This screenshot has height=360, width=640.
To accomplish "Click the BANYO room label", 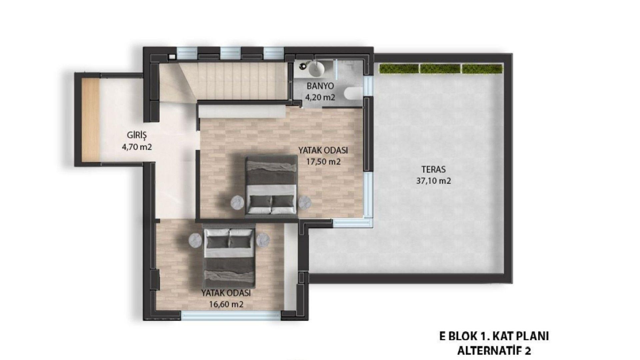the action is point(320,86).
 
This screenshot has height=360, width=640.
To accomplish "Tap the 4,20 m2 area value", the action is point(320,97).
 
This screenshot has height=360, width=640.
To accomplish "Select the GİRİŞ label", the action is point(137,135).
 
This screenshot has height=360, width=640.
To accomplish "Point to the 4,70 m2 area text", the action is point(137,147).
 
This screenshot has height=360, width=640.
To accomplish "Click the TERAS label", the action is point(433,169).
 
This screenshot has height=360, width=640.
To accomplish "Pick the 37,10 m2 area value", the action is point(433,181).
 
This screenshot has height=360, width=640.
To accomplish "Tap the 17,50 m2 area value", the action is point(323,162).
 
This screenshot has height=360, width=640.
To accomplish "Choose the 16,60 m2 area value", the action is point(226,304).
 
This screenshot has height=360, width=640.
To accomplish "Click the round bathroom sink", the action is point(316,69).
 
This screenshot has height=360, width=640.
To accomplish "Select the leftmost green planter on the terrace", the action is point(399,69).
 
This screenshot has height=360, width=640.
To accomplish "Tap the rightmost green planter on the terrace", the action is point(482,69).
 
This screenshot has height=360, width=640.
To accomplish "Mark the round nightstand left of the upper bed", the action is point(238,202).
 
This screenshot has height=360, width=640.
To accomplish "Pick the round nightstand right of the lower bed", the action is point(263,240).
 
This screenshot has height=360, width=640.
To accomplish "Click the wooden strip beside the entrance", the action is point(91,119).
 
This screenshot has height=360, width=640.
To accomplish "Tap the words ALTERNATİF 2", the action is point(494,350).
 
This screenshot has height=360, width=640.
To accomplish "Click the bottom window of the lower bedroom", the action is point(231,315).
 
